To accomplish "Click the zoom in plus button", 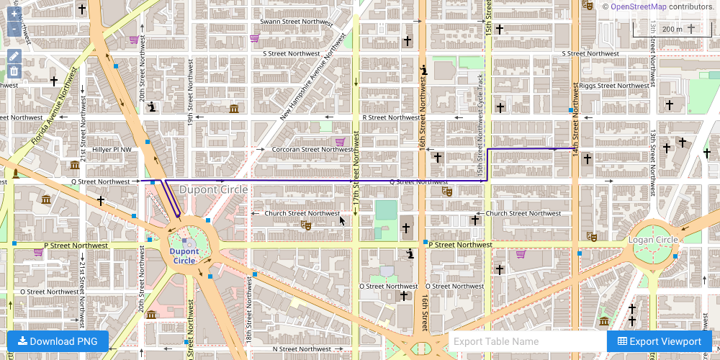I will (14, 14).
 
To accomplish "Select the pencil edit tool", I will (14, 56).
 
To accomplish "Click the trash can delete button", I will (14, 71).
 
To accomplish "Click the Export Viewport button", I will (659, 341).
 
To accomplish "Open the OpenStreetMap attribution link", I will (639, 6).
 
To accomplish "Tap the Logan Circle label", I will (653, 240).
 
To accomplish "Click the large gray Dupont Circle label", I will (213, 189).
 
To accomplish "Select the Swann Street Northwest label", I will (296, 22).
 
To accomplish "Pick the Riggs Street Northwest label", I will (613, 85).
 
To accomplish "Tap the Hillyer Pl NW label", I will (112, 150).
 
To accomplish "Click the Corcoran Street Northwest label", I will (311, 150).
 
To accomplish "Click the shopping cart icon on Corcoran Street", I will (340, 141).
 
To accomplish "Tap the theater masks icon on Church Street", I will (306, 225).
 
